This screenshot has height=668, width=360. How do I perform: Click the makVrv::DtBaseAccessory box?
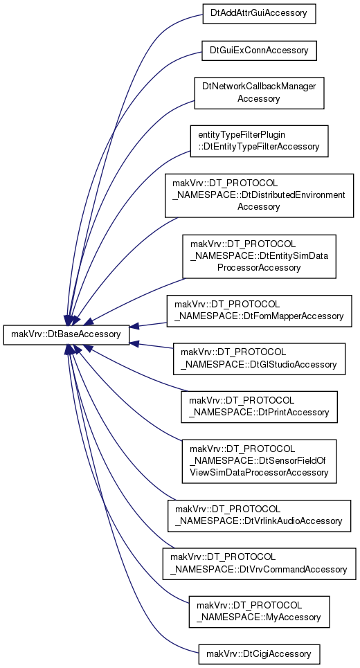pos(66,334)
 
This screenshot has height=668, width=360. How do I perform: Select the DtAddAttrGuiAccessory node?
pos(259,14)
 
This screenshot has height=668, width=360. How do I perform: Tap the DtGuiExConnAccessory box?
pos(259,51)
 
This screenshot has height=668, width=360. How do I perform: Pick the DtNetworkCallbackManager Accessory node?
pos(259,93)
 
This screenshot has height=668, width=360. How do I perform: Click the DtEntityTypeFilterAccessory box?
pos(259,141)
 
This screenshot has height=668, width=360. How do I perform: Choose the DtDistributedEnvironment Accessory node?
pos(259,195)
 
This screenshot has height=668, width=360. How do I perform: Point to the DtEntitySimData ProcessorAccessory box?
pos(259,256)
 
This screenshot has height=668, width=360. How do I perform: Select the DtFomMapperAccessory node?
pos(259,311)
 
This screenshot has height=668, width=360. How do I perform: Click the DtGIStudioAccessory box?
pos(259,359)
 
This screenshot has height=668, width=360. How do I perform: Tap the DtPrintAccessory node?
pos(259,407)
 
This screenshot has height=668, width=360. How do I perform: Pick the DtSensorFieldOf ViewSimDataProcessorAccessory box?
pos(259,462)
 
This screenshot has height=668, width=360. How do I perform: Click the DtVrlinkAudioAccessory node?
pos(259,516)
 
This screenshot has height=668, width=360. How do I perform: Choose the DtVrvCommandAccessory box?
pos(259,563)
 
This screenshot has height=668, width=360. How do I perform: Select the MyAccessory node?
pos(259,612)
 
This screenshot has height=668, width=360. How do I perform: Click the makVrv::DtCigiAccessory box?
pos(259,653)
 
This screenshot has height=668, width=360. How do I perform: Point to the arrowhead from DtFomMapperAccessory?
pos(134,327)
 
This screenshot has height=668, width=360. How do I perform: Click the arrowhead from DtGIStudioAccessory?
pos(134,342)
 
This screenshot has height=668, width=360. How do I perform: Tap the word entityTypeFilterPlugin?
pos(242,135)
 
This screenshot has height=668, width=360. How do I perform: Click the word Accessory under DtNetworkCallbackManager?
pos(259,99)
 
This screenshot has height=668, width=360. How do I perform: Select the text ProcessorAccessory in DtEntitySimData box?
pos(259,267)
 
